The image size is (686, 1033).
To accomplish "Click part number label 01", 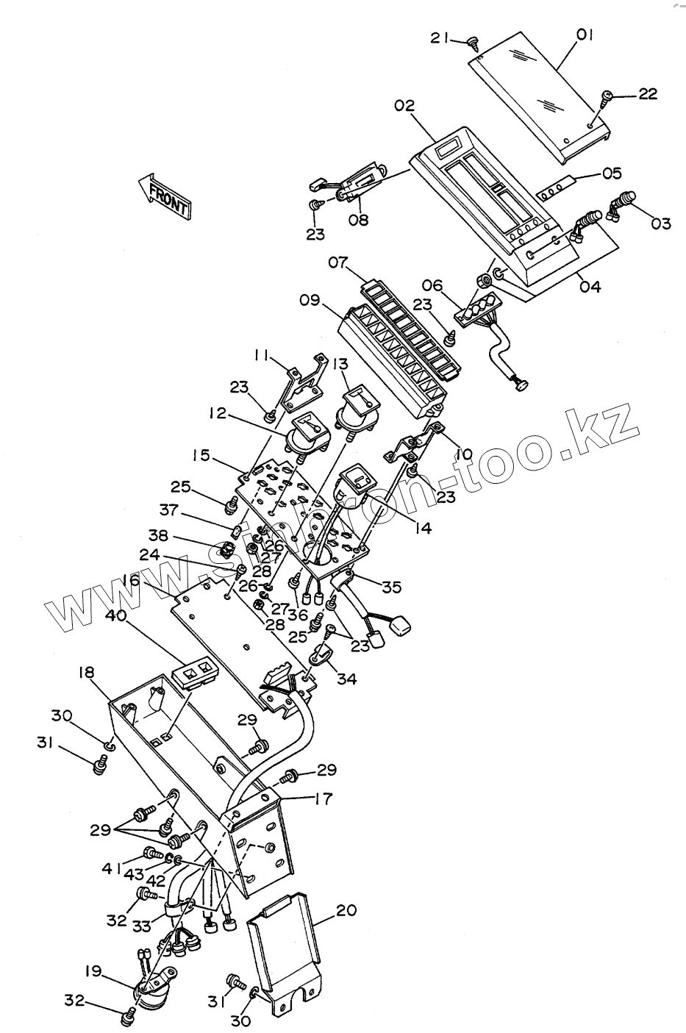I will point(585,35).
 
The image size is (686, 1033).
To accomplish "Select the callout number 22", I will point(648,93).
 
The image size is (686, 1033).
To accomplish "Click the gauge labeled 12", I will point(304,435).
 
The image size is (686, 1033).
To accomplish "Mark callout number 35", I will point(392,586).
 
